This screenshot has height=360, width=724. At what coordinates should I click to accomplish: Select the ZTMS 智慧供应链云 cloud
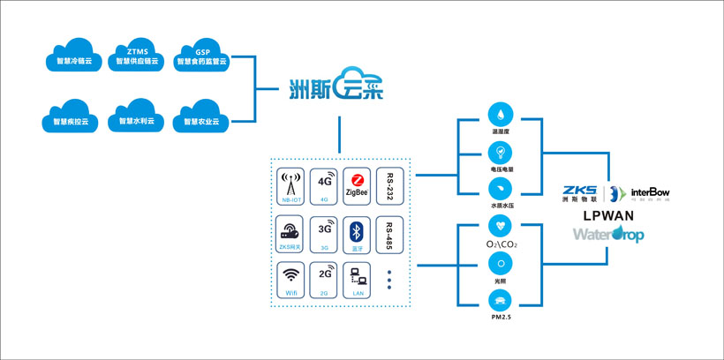[137, 56]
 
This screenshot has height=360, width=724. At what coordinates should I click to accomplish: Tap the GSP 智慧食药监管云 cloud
[202, 56]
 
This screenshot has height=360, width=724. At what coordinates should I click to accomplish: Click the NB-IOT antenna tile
[291, 186]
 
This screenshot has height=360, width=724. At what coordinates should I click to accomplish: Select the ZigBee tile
[355, 186]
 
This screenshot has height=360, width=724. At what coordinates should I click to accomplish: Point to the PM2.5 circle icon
[501, 300]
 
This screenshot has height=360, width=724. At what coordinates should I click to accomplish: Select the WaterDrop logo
[607, 235]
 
